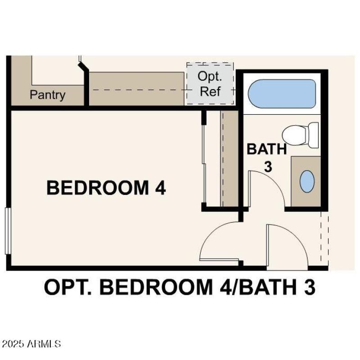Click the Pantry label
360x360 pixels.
tap(47, 95)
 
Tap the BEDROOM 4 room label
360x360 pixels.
tap(106, 188)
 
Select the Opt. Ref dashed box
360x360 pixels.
tap(210, 84)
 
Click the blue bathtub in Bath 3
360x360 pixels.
tap(282, 94)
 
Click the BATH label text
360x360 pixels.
tap(266, 149)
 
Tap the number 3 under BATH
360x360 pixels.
tap(268, 166)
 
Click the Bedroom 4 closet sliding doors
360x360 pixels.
tap(204, 160)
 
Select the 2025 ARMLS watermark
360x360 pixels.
tap(31, 344)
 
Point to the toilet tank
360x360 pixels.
tap(314, 135)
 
